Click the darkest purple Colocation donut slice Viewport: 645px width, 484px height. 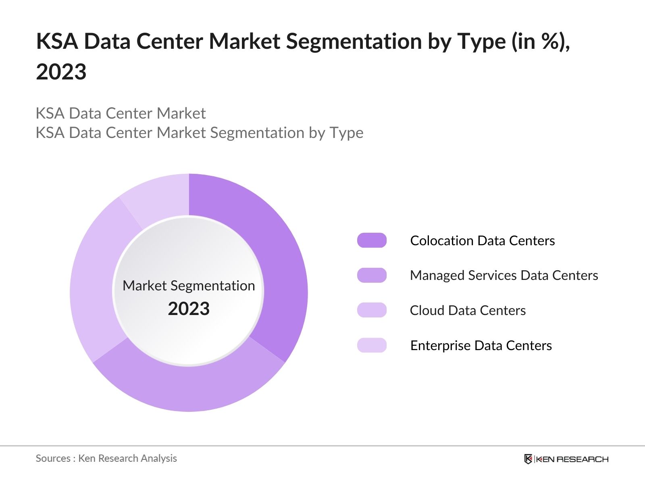[x=278, y=262]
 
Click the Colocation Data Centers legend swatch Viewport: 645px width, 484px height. [x=372, y=240]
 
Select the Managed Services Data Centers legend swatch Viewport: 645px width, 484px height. [x=372, y=275]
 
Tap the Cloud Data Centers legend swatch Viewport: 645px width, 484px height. [x=372, y=310]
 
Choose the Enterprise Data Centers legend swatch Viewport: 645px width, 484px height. [x=372, y=345]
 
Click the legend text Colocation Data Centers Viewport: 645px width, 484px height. [x=482, y=241]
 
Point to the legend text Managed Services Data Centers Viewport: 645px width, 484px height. [x=504, y=275]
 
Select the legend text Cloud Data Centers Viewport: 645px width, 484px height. [x=468, y=311]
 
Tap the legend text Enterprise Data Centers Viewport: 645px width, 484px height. [x=481, y=346]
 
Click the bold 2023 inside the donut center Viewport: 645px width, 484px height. [x=189, y=309]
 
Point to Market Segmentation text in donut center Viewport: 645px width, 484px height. [x=189, y=286]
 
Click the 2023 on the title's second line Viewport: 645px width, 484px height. [x=61, y=72]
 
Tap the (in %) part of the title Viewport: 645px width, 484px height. [x=540, y=41]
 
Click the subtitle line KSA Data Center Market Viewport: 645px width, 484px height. [x=121, y=113]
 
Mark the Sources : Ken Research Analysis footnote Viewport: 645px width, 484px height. [x=106, y=458]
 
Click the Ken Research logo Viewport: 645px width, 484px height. [x=566, y=459]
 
